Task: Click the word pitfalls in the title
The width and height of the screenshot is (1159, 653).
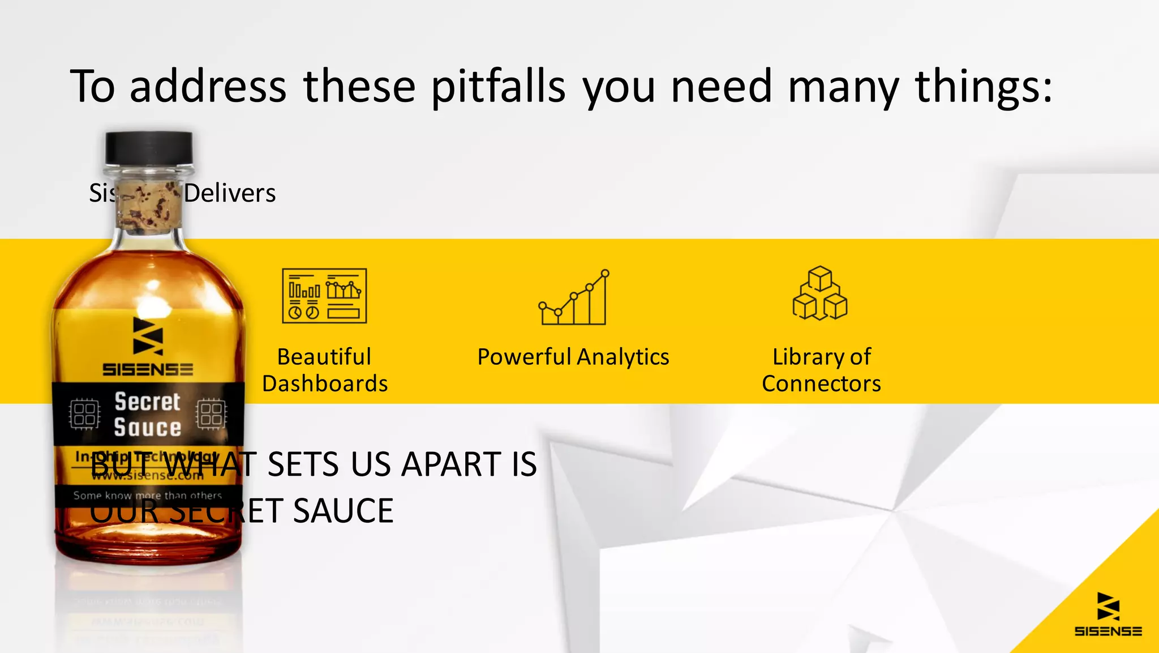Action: pyautogui.click(x=498, y=87)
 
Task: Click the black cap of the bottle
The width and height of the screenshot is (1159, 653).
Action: pyautogui.click(x=149, y=148)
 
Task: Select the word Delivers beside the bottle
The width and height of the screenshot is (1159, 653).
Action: pyautogui.click(x=230, y=193)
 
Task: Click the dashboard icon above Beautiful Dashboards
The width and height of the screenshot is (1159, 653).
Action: pyautogui.click(x=324, y=296)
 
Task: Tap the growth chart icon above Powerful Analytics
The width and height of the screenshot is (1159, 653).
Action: pyautogui.click(x=574, y=297)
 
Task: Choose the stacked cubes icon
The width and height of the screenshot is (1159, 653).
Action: pyautogui.click(x=820, y=293)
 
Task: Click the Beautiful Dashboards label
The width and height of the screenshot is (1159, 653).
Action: pyautogui.click(x=325, y=370)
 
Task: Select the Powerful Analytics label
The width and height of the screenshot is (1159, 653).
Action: pyautogui.click(x=573, y=357)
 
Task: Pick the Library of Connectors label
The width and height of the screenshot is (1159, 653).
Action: pyautogui.click(x=821, y=370)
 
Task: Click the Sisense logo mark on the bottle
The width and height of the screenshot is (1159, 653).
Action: pyautogui.click(x=148, y=336)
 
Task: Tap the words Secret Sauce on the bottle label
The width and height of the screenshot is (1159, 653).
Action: pyautogui.click(x=148, y=414)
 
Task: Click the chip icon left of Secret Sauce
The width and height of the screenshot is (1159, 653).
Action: pyautogui.click(x=85, y=414)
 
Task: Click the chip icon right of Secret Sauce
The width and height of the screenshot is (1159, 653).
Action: pyautogui.click(x=211, y=414)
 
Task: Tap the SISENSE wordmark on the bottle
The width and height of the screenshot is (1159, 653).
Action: pyautogui.click(x=148, y=370)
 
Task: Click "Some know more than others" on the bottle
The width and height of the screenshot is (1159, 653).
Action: pyautogui.click(x=148, y=496)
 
